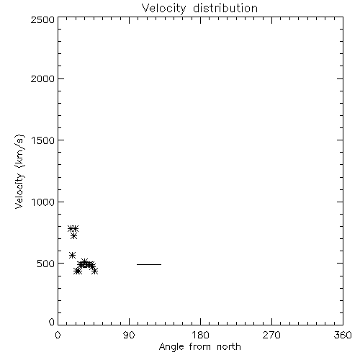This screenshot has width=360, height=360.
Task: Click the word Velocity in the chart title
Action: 163,9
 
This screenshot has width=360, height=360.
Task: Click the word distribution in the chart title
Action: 225,9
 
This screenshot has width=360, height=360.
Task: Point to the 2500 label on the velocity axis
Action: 42,19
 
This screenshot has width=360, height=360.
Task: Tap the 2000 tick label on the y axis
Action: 42,78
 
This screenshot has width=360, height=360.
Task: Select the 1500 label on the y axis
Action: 43,140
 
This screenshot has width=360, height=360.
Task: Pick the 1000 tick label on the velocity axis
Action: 43,202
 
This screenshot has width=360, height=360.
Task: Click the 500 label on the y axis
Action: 46,264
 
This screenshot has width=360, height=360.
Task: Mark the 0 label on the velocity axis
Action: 52,322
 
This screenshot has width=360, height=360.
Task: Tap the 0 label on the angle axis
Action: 58,335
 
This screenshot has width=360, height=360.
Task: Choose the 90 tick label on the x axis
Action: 129,335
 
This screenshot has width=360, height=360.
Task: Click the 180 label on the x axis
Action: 200,335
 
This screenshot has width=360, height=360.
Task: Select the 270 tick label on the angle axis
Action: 271,335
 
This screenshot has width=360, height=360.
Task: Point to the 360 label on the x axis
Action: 343,335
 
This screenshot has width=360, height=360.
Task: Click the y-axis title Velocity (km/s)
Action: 19,171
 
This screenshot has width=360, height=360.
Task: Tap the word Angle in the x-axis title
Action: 171,347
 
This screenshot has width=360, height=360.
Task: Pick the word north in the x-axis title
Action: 229,347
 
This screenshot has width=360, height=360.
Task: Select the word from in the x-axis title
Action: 200,347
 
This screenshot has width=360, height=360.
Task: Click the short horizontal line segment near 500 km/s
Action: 149,264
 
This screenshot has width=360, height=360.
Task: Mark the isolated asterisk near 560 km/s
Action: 72,255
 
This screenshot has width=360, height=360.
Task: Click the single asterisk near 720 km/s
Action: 74,236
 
